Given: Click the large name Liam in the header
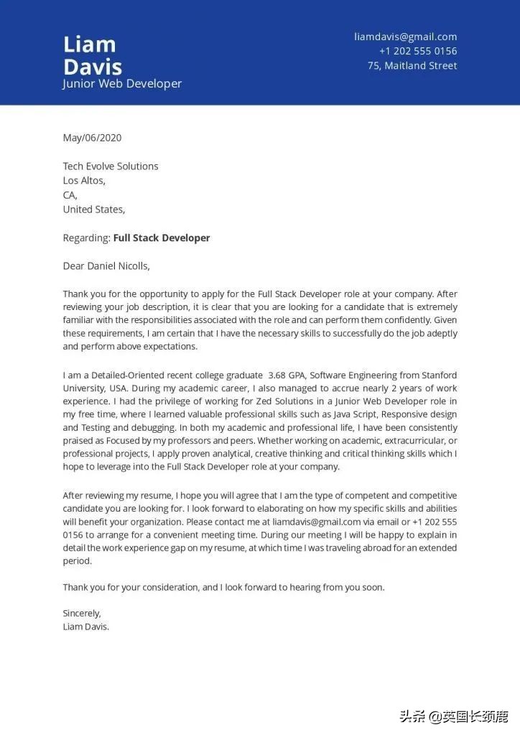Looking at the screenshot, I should click(89, 45).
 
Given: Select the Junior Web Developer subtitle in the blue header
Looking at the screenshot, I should click(122, 84).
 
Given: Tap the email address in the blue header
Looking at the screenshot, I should click(405, 37).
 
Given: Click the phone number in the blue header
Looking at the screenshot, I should click(418, 51).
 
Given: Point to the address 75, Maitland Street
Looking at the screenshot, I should click(412, 65).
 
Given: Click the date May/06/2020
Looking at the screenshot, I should click(92, 138).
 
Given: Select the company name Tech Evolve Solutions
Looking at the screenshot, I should click(111, 166).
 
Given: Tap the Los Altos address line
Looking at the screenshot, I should click(84, 180).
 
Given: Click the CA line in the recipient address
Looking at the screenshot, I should click(70, 195).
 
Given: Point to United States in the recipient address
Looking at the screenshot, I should click(93, 209).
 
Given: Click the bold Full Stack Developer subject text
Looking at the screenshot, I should click(162, 238).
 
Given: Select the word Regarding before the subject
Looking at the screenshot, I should click(86, 238).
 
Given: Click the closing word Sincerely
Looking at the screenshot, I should click(81, 613).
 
